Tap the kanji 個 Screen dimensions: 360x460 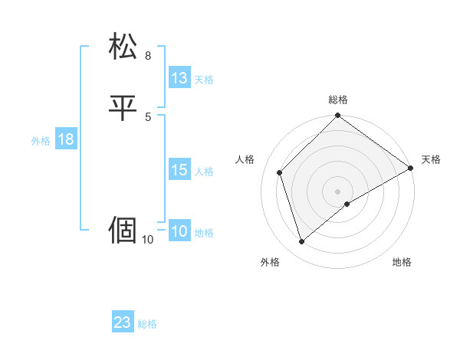coord(123,229)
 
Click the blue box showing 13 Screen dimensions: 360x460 coord(179,78)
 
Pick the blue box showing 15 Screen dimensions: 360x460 coord(179,171)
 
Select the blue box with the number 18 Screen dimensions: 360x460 coord(65,139)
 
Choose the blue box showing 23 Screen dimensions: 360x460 coord(123,322)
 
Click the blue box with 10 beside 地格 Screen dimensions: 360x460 coord(179,231)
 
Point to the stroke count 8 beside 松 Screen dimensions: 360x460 coord(148,56)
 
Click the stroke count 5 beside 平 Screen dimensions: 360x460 coord(148,116)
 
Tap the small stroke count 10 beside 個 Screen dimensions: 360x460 coord(148,240)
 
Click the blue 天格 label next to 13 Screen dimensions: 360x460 coord(204,80)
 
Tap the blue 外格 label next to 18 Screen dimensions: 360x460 coord(41,141)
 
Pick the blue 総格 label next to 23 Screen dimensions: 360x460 coord(147,324)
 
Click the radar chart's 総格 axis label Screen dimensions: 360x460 coord(338,100)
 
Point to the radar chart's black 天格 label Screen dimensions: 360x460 coord(431,159)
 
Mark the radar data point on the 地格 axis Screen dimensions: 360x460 coord(347,204)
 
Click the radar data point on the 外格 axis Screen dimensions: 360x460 coord(302,242)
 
